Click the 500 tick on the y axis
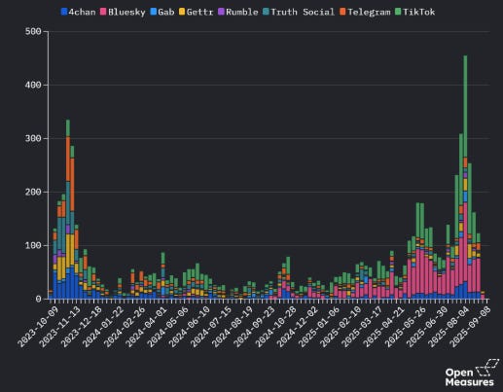click(33, 32)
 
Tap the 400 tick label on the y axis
click(33, 86)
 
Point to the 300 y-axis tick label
click(33, 139)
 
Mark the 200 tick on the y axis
click(33, 193)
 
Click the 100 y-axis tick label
click(33, 246)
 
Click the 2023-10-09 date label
click(37, 324)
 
